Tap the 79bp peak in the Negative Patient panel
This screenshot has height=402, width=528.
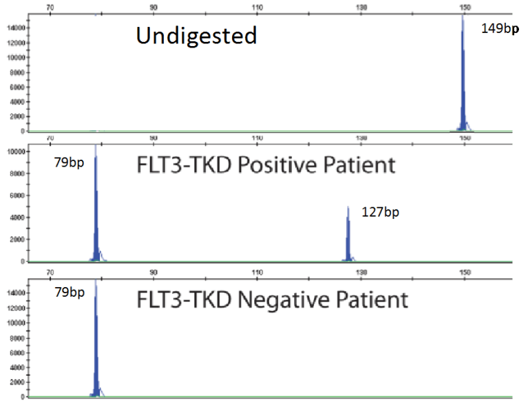(x=96, y=344)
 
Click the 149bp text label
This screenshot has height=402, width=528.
(x=498, y=29)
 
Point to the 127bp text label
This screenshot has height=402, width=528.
(x=380, y=212)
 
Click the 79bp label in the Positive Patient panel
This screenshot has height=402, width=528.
(x=69, y=162)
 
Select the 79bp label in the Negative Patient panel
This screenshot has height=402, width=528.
(x=69, y=293)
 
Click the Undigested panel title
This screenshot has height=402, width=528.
(x=196, y=35)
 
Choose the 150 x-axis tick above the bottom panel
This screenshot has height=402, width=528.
(x=465, y=273)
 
